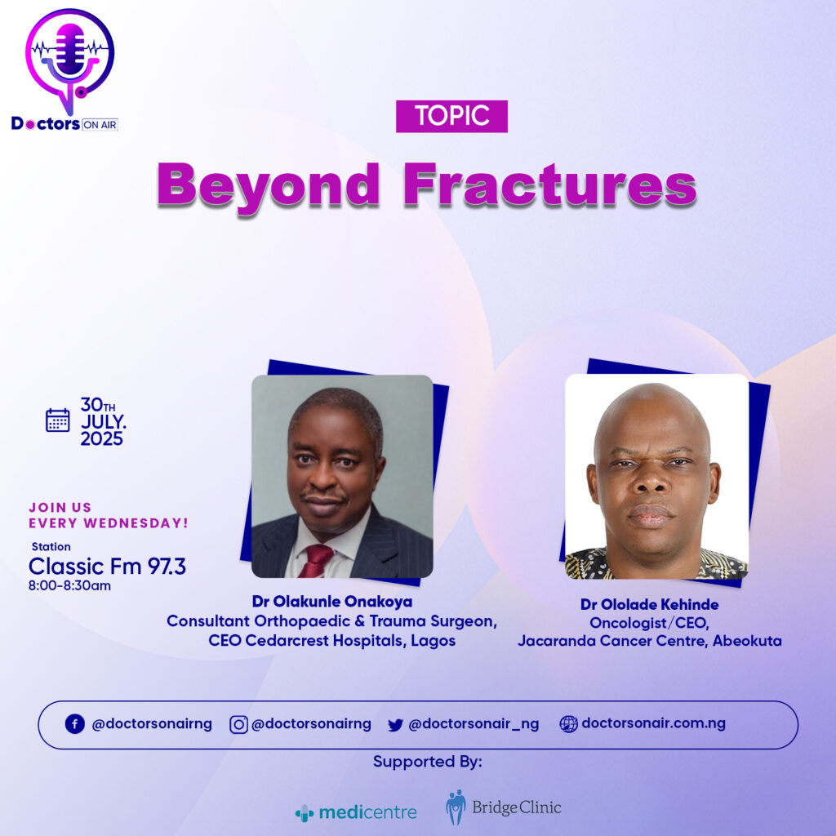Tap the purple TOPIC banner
[x=451, y=116]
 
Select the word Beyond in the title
[x=268, y=188]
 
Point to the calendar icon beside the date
[x=58, y=420]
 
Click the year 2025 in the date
[x=102, y=438]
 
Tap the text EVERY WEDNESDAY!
[x=109, y=523]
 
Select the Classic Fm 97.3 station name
[x=107, y=567]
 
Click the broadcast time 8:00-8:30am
[x=70, y=585]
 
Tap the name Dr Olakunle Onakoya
[x=332, y=602]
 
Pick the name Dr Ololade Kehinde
[x=649, y=604]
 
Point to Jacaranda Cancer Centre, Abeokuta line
[x=649, y=641]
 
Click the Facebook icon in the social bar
[x=74, y=724]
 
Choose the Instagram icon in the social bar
[x=238, y=725]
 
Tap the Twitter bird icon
[x=395, y=725]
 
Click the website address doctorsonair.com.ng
[x=653, y=723]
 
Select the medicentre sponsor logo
[x=356, y=812]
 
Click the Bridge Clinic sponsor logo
[x=503, y=807]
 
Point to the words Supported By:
[x=428, y=762]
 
